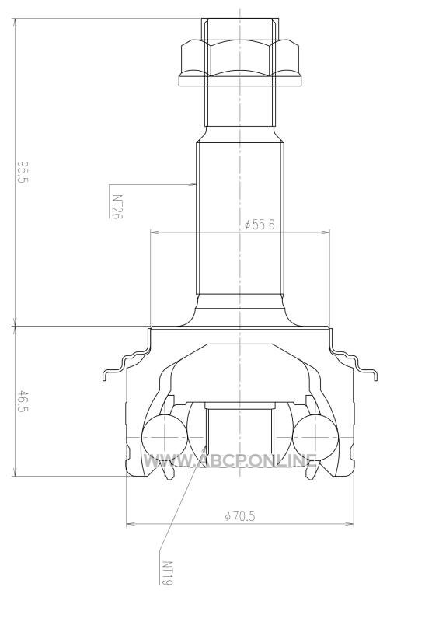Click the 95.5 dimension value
tap(24, 172)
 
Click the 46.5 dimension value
tap(23, 401)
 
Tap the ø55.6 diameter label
tap(260, 225)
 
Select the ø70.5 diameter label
tap(240, 516)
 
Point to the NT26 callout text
tap(117, 206)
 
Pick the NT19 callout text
tap(168, 573)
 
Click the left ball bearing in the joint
tap(164, 436)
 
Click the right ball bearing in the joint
tap(315, 436)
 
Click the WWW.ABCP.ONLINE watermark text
tap(231, 460)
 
